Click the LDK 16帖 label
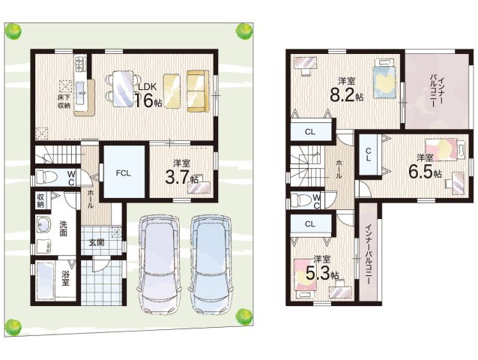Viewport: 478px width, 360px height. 148,95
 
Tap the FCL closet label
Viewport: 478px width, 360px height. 124,173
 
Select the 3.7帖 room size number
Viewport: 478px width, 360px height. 182,178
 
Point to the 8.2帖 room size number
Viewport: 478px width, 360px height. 347,95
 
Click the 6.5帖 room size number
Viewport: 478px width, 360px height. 425,172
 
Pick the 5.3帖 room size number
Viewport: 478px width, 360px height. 322,274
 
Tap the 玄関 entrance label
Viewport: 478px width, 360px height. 97,242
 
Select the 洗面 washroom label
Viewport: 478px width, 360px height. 63,228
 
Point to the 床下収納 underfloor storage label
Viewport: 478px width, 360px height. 64,101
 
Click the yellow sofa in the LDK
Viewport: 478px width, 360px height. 198,91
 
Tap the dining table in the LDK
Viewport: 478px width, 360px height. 123,88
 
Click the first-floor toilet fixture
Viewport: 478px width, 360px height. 46,177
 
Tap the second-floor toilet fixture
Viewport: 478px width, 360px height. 301,201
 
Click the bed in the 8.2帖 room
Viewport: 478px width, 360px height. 384,79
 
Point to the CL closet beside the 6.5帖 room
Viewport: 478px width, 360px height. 369,154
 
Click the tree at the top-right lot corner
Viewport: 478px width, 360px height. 244,31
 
